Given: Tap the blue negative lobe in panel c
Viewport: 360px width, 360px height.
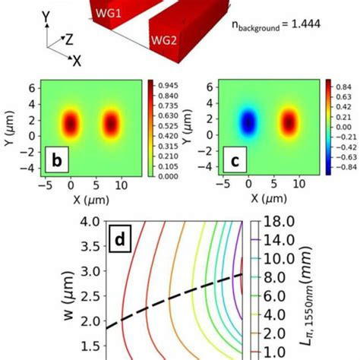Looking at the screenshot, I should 248,122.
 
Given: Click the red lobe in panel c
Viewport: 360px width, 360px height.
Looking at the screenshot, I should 289,122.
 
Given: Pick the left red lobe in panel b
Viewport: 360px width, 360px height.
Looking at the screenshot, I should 71,122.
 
